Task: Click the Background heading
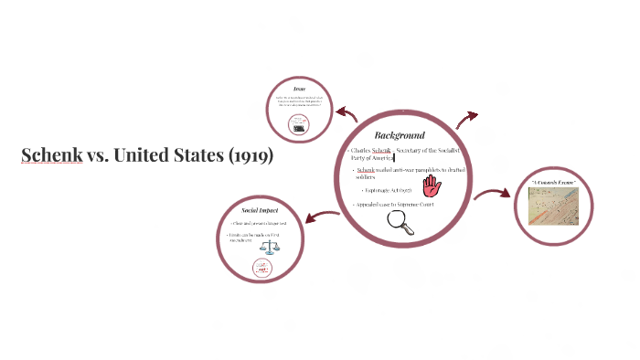coord(400,134)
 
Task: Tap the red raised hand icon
coord(432,185)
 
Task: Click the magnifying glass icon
coord(400,223)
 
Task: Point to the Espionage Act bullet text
coord(388,190)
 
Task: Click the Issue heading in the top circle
coord(298,89)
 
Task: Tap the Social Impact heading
coord(260,210)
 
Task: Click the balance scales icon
coord(261,247)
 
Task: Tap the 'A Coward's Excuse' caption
coord(553,184)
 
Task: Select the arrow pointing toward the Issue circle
coord(346,113)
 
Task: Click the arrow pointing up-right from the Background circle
coord(466,119)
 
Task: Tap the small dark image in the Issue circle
coord(298,129)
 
